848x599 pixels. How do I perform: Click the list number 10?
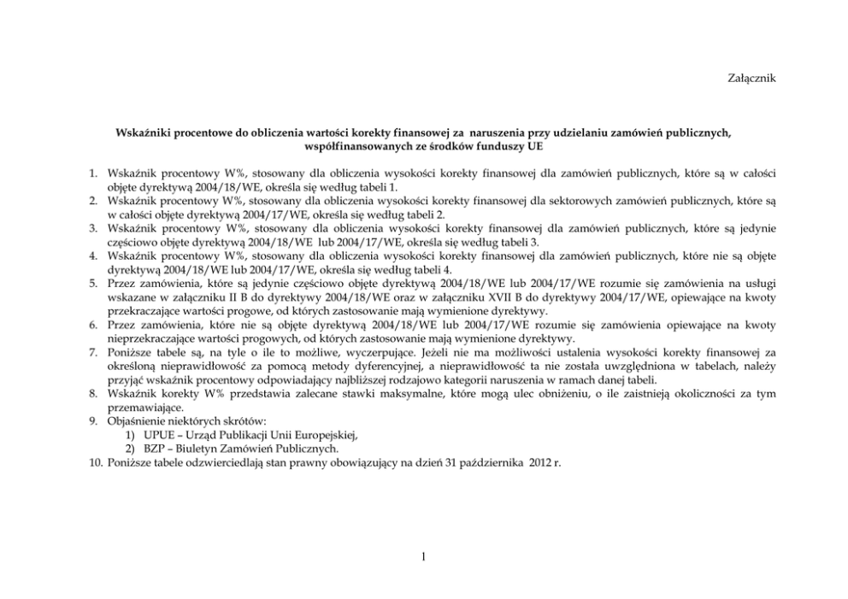[96, 462]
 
